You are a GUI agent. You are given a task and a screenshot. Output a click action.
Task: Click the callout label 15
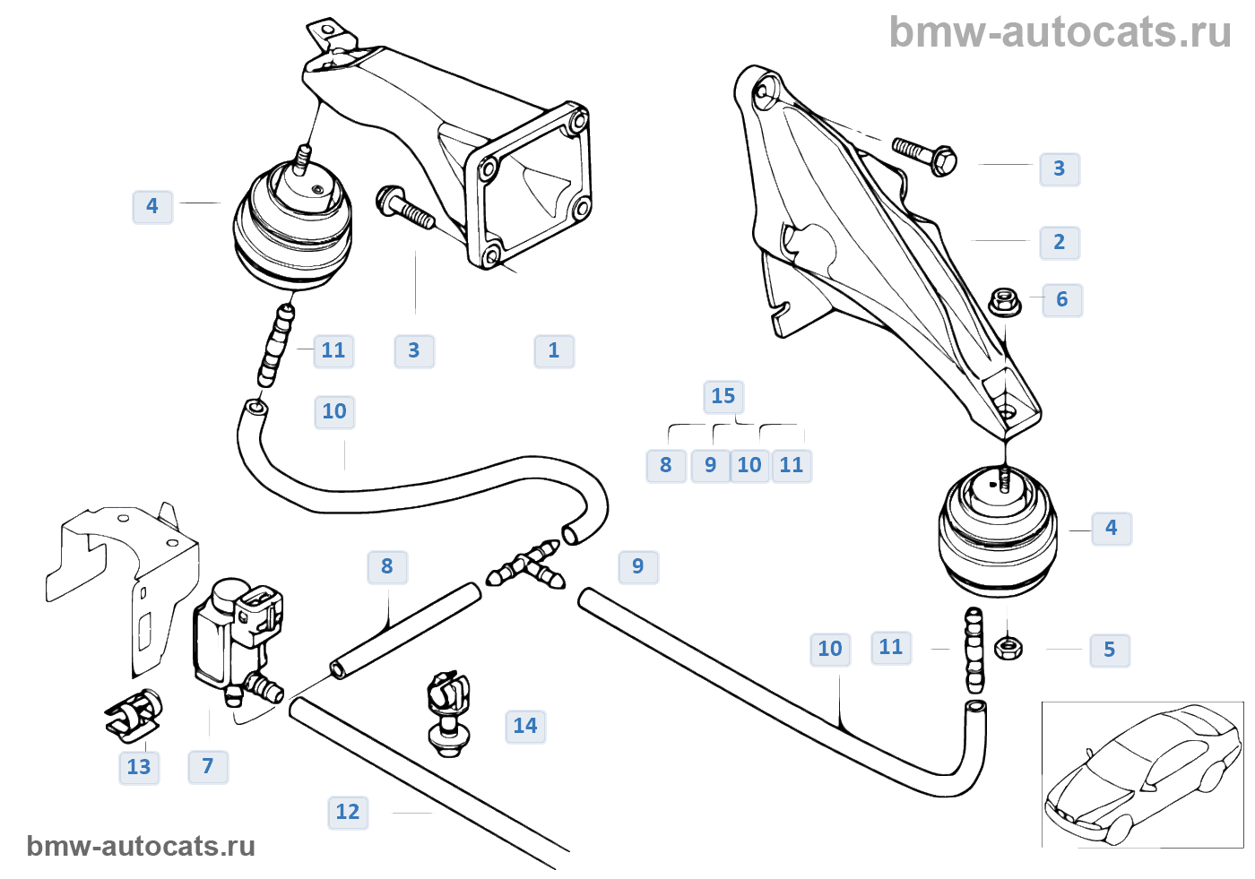coord(723,396)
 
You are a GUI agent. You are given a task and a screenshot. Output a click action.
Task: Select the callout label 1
coord(554,350)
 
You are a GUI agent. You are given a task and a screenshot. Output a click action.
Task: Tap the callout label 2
coord(1060,242)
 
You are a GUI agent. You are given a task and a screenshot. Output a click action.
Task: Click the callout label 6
coord(1062,299)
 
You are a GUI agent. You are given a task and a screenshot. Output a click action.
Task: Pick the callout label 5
coord(1110,650)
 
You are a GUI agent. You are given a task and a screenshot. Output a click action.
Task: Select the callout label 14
coord(525,726)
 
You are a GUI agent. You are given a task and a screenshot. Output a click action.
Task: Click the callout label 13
coord(139,767)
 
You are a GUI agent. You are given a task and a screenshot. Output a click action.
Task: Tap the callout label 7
coord(208,766)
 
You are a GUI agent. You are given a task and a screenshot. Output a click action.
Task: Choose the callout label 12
coord(348,812)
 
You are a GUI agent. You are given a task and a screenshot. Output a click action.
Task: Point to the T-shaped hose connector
coord(528,568)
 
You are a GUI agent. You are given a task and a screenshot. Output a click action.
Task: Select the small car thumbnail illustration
coord(1142,775)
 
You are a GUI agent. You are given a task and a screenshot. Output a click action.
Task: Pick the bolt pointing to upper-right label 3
coord(925,156)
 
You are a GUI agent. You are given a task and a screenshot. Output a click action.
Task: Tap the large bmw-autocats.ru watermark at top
coord(1060,32)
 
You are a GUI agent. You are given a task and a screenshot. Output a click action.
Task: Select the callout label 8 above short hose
coord(387,566)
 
